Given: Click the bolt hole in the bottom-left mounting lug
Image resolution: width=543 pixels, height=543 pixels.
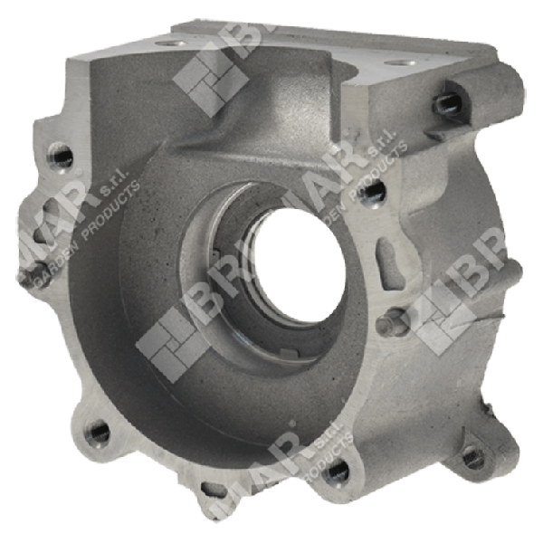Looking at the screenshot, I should [x=97, y=433].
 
